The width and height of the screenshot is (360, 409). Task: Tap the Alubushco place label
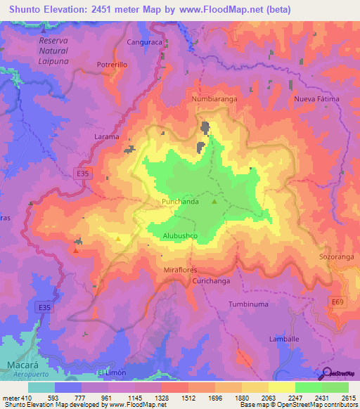pyautogui.click(x=179, y=236)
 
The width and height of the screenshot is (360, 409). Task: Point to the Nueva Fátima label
pyautogui.click(x=316, y=98)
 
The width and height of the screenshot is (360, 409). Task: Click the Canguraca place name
pyautogui.click(x=144, y=42)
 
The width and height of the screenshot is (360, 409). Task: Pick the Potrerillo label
pyautogui.click(x=112, y=65)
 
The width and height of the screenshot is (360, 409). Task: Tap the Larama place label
pyautogui.click(x=107, y=137)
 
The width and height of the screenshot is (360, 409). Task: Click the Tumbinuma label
pyautogui.click(x=248, y=304)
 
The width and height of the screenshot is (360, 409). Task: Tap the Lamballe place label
pyautogui.click(x=284, y=339)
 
